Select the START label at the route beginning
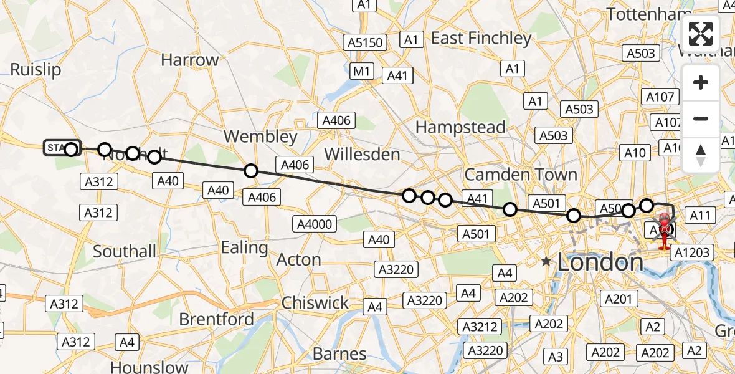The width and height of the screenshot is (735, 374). (x=56, y=148)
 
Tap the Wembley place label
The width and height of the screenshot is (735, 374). (x=260, y=137)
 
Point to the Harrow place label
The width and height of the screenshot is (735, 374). (x=190, y=60)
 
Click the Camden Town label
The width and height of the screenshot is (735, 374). (x=521, y=174)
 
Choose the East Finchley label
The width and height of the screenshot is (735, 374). (x=481, y=39)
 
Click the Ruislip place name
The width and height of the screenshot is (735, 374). (x=36, y=70)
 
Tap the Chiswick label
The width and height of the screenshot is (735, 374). (x=315, y=303)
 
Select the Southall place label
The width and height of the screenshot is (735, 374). (x=125, y=252)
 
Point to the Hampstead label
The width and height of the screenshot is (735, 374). (x=460, y=128)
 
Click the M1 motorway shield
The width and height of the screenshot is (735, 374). (x=362, y=71)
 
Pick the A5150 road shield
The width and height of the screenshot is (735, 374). (x=366, y=43)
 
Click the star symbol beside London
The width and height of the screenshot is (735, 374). (x=547, y=261)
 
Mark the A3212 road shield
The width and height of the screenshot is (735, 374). (x=479, y=326)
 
